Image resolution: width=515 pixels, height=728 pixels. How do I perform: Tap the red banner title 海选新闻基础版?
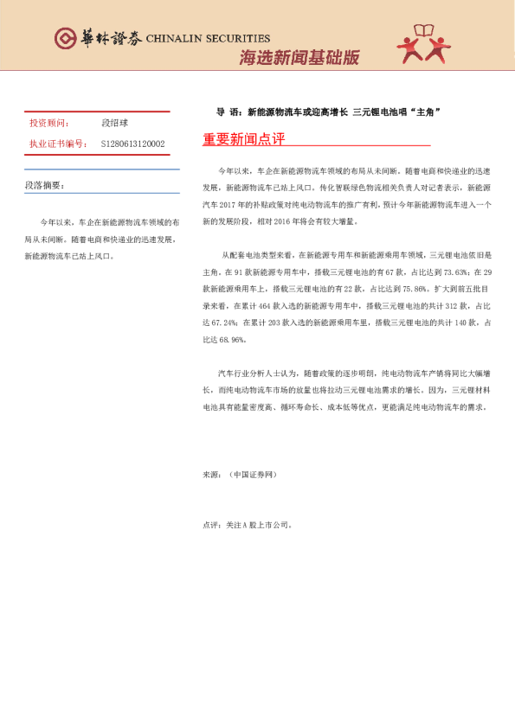299,58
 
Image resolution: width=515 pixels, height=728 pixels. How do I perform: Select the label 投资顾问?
48,124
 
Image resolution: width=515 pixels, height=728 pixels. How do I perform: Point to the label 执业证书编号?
56,144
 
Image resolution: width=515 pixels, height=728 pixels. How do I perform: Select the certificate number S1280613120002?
132,144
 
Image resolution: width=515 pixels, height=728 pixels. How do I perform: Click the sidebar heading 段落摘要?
43,184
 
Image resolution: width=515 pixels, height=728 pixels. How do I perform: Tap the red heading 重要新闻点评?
243,138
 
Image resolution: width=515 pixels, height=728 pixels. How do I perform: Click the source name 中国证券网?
252,475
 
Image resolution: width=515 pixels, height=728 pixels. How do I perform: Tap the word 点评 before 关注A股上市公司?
209,524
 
